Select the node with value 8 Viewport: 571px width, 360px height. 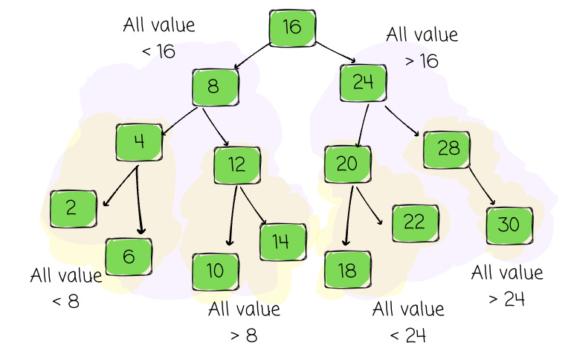tap(215, 88)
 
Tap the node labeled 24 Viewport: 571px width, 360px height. tap(364, 83)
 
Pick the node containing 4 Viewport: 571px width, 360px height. tap(139, 142)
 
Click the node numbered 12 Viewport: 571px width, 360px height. tap(237, 165)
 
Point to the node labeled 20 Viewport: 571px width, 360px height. tap(347, 164)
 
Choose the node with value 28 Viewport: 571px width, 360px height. tap(448, 149)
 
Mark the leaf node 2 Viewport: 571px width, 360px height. tap(73, 208)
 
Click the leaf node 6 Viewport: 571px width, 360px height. tap(129, 257)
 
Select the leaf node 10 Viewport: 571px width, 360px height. tap(216, 271)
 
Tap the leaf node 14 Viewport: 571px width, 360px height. tap(283, 241)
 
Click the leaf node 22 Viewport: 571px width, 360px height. tap(413, 222)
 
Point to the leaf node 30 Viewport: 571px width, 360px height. tap(510, 225)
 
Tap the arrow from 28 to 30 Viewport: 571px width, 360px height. tap(481, 187)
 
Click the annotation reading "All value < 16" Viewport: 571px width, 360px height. tap(158, 38)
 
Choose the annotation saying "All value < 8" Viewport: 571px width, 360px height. tap(65, 289)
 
